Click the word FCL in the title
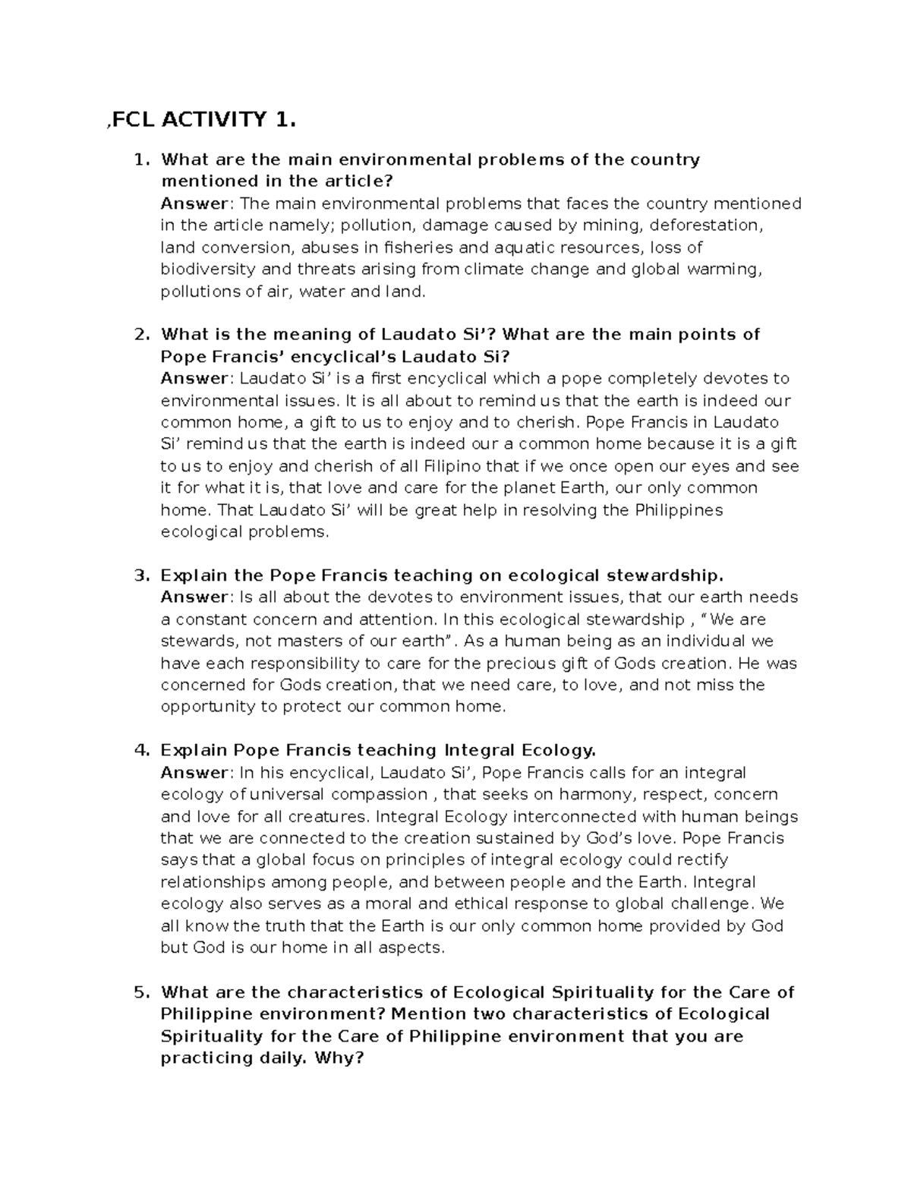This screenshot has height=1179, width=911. tap(134, 119)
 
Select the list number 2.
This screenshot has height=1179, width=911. tap(140, 335)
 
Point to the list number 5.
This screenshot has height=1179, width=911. tap(140, 992)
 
